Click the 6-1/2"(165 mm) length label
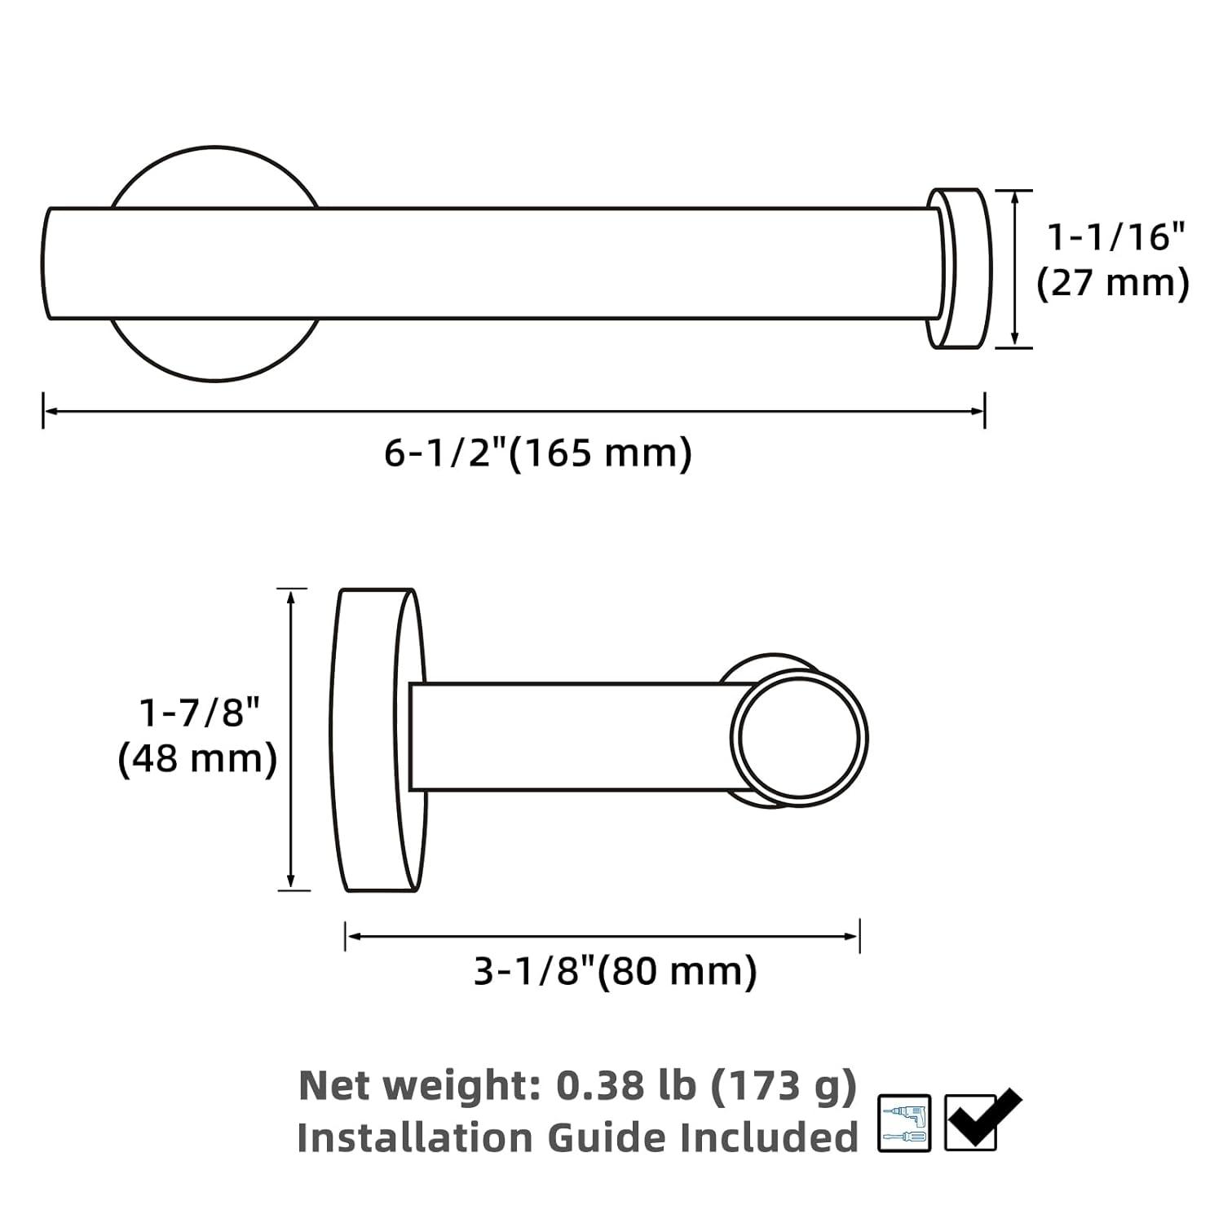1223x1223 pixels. pos(538,453)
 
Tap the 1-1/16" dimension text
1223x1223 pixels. pos(1115,237)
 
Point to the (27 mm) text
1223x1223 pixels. pos(1113,284)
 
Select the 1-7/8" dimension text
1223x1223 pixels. pos(200,713)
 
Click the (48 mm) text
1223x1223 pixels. pos(198,760)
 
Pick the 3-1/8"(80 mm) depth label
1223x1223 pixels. pos(616,971)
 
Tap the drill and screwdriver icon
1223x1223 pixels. pos(904,1123)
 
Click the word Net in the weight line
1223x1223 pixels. pos(334,1086)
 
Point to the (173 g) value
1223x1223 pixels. pos(784,1086)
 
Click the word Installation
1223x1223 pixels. pos(416,1137)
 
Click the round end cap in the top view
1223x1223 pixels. pos(960,269)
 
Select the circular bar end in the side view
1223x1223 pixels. pos(799,737)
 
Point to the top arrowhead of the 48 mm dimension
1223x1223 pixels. pos(291,595)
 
